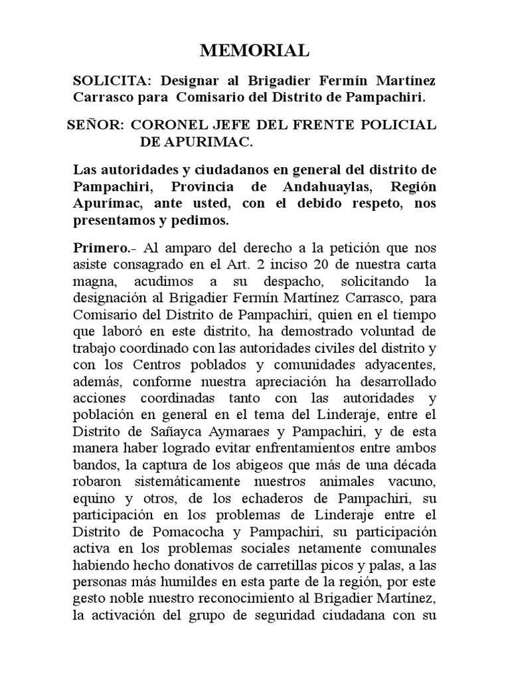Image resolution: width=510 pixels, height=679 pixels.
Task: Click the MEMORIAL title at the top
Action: tap(255, 50)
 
